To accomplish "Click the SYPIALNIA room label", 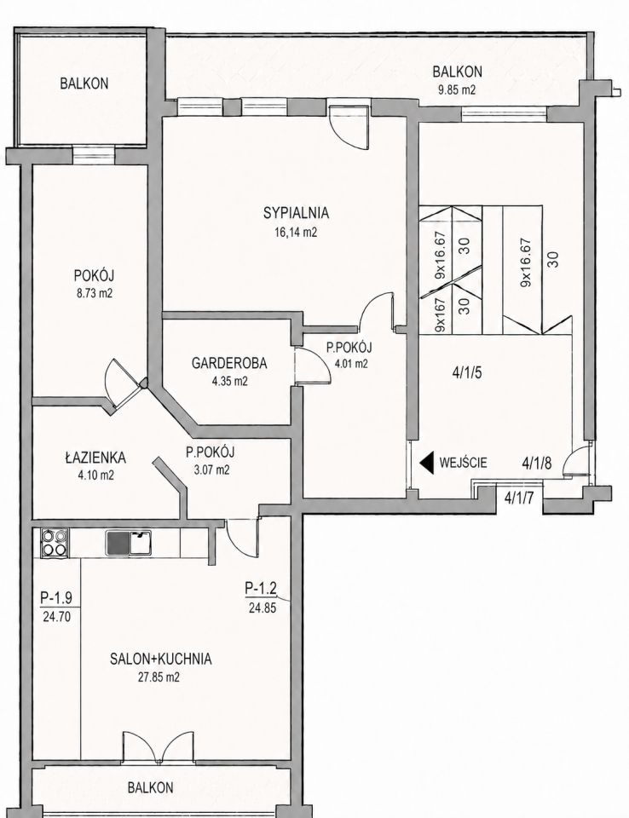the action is pos(296,213).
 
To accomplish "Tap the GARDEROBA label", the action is pos(229,363).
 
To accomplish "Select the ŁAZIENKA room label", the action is pos(95,458).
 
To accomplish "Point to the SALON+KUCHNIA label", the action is pos(161,659).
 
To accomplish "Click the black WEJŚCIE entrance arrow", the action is pos(428,462).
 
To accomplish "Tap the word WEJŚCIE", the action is pos(464,462).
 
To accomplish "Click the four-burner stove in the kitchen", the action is pos(55,543).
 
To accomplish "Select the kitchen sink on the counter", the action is pos(129,543).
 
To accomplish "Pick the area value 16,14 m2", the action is pos(296,233).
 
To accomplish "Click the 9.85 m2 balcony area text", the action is pos(457,89).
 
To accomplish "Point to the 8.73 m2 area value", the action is pos(94,293).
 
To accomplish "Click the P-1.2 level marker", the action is pos(261,589).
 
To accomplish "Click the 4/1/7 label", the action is pos(518,498).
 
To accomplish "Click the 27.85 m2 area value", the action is pos(159,677).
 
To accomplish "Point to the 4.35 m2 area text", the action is pos(229,382).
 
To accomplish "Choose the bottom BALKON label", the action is pos(150,787).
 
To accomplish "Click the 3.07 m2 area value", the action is pos(211,470).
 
